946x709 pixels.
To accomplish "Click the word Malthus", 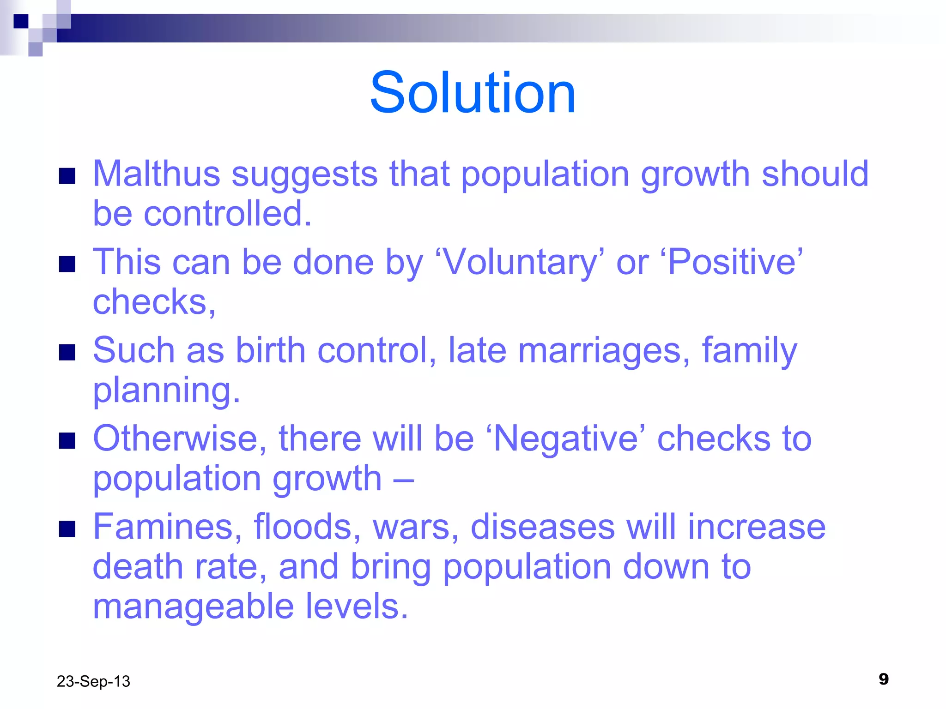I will pos(156,174).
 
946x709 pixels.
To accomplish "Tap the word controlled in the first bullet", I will pos(227,214).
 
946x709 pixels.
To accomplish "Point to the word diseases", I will pos(542,527).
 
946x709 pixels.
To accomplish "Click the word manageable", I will pos(193,606).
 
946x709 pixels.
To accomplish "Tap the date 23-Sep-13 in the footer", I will pos(93,681).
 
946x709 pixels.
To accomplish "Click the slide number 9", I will pos(883,679).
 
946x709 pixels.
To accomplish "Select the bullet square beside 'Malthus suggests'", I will pos(67,176).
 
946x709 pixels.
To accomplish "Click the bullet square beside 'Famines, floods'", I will pos(67,529).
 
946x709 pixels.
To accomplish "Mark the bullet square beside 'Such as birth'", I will pos(67,352).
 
